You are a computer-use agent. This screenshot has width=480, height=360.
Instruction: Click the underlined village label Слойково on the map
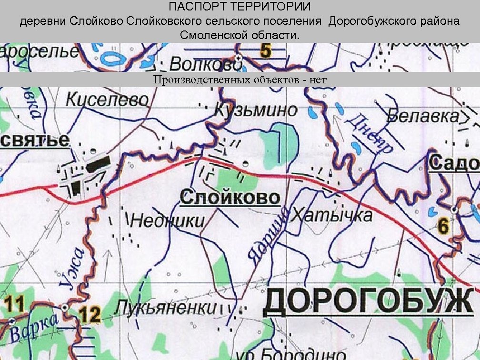pos(230,198)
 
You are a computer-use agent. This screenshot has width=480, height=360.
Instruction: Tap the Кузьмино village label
pos(256,110)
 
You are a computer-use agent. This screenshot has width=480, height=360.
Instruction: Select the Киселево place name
pos(107,100)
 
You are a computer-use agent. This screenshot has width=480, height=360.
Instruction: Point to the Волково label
pos(203,63)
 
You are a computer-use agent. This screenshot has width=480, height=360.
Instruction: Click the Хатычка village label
pos(332,215)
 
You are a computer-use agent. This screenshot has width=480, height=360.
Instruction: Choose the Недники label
pos(167,220)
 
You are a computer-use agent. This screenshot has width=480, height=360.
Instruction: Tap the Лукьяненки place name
pos(165,307)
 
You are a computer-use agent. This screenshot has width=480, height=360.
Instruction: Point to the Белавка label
pos(423,116)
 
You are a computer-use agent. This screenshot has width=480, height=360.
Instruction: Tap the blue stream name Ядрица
pos(264,233)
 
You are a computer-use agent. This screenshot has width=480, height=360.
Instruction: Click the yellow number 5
pos(266,50)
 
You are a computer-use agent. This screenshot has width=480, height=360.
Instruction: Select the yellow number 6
pos(443,227)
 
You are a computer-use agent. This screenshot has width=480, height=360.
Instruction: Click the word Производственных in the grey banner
pos(201,80)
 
